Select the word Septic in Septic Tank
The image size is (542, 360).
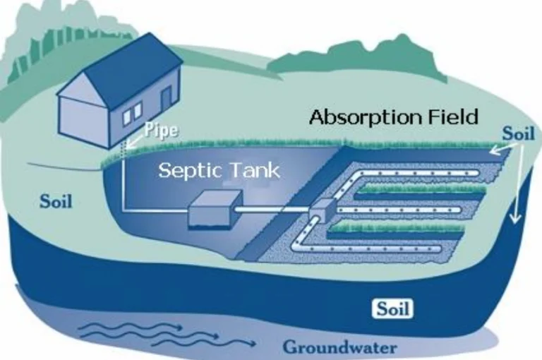pyautogui.click(x=182, y=170)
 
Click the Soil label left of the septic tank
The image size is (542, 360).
pyautogui.click(x=55, y=202)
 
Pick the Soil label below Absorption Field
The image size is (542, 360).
pyautogui.click(x=517, y=133)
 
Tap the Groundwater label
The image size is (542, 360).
pyautogui.click(x=339, y=347)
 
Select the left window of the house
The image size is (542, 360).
pyautogui.click(x=127, y=116)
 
